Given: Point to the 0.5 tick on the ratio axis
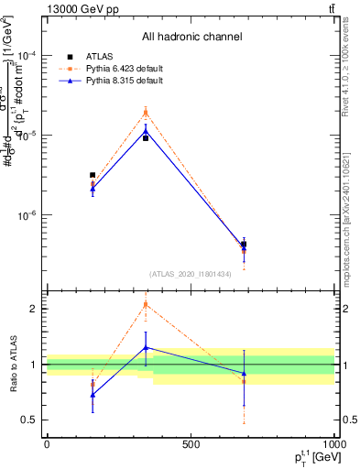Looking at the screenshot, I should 28,420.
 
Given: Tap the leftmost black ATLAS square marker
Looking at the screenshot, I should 93,175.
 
